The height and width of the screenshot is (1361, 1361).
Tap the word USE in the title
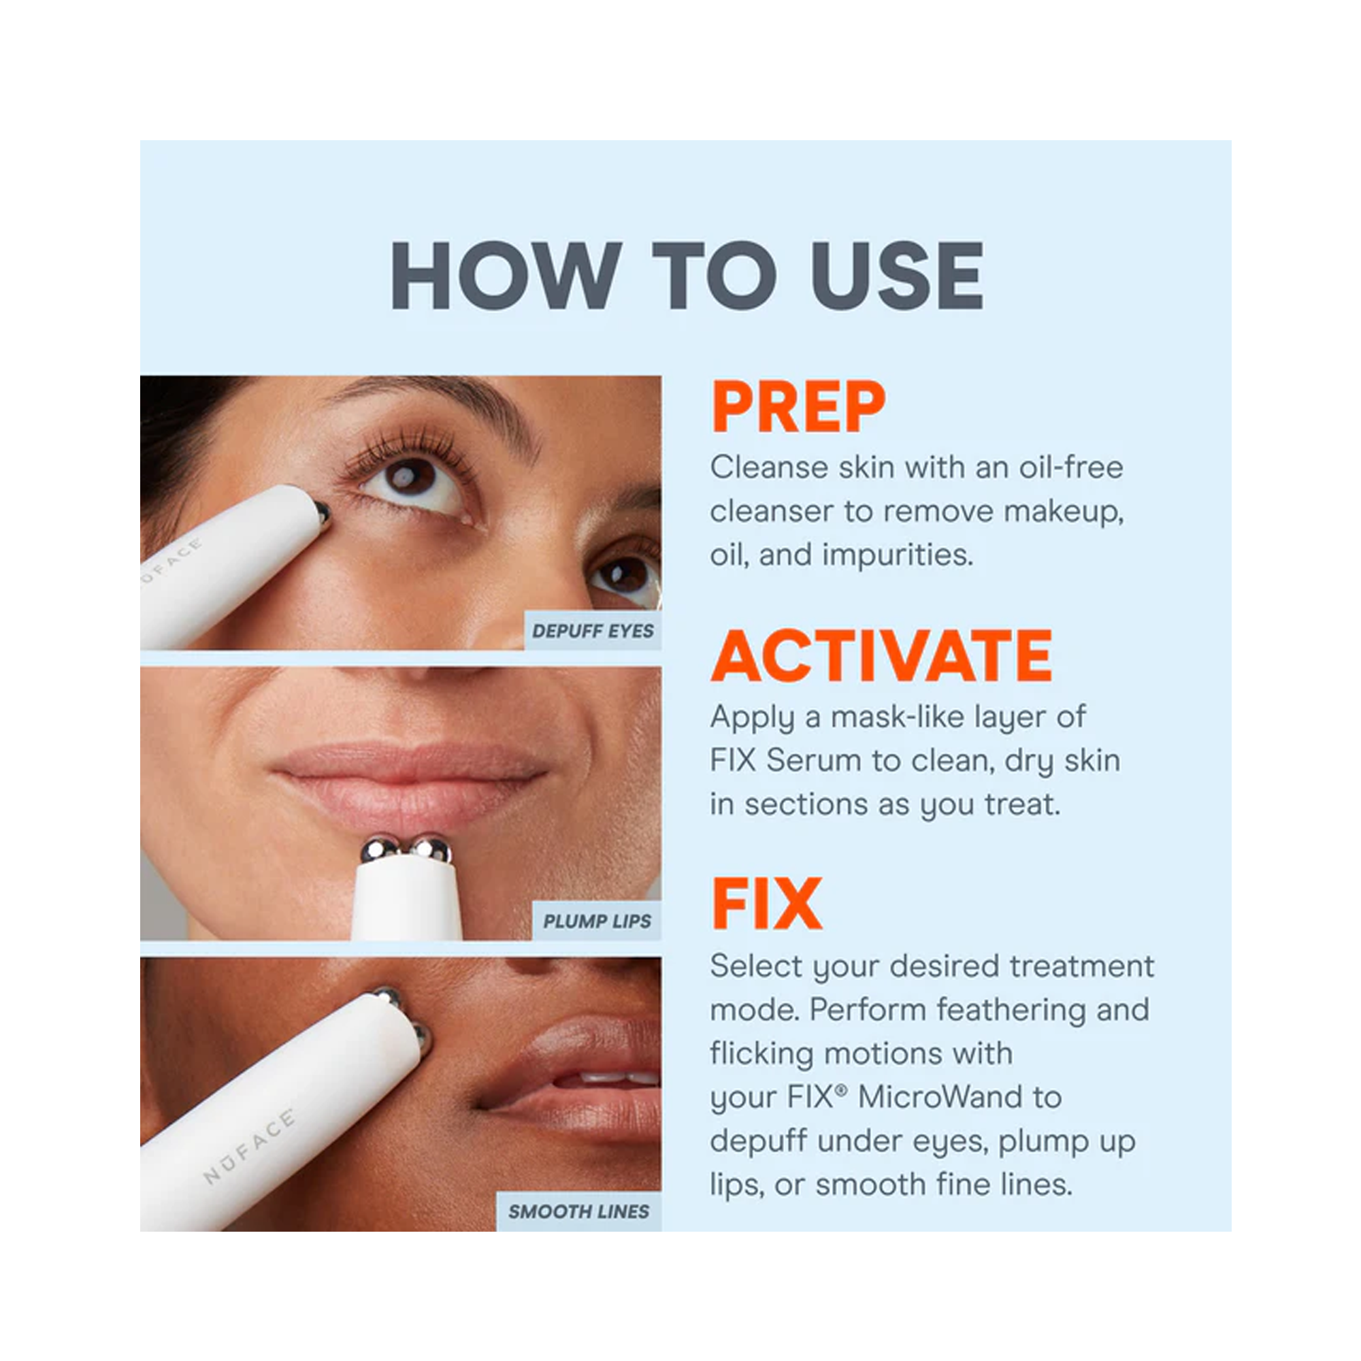(897, 275)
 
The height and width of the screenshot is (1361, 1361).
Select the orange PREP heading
(798, 407)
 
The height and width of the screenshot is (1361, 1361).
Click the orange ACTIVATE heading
(881, 656)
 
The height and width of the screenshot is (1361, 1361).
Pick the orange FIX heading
(766, 904)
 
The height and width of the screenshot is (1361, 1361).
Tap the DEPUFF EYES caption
(593, 632)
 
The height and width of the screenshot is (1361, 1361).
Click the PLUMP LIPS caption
(597, 921)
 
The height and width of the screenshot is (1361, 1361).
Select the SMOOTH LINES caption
(578, 1212)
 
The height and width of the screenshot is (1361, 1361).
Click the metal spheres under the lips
(406, 849)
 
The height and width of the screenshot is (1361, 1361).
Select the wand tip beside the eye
(322, 512)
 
